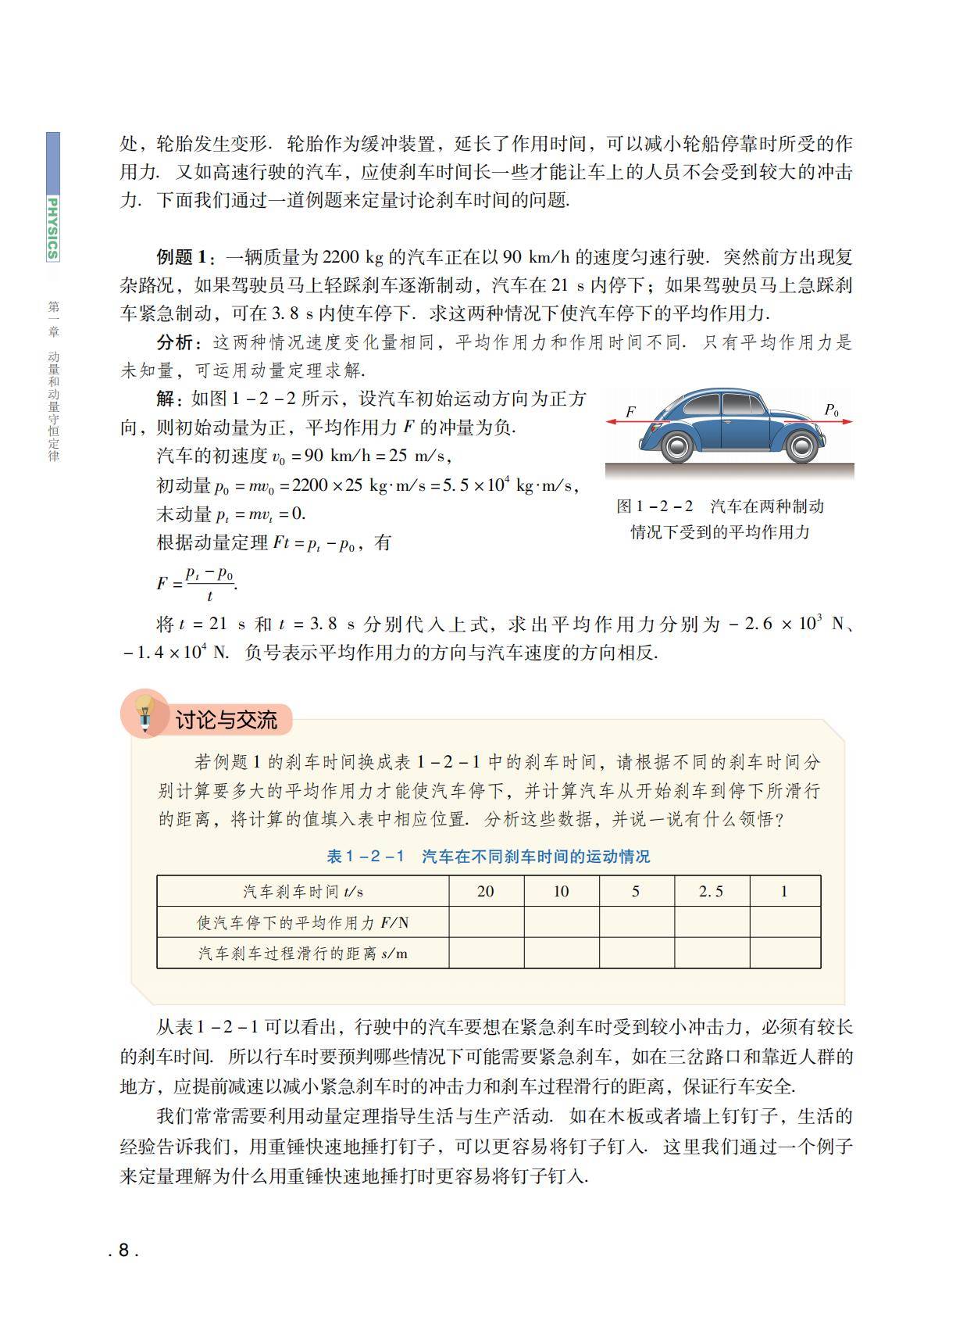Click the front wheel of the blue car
[x=801, y=446]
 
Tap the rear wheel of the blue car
[x=676, y=446]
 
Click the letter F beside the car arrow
[x=631, y=411]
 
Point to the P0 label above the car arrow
[x=832, y=410]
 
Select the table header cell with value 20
[x=485, y=892]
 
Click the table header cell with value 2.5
[x=711, y=892]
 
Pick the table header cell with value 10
[x=561, y=892]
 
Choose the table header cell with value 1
[x=784, y=892]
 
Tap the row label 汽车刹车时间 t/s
[x=303, y=892]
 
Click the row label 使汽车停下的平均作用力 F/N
[x=303, y=923]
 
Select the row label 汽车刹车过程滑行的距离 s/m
[x=303, y=954]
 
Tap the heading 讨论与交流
[x=226, y=720]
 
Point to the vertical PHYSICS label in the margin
[x=52, y=227]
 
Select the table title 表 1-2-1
[x=366, y=857]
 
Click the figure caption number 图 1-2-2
[x=655, y=506]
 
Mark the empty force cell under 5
[x=637, y=923]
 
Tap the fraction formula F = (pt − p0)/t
[x=197, y=583]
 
